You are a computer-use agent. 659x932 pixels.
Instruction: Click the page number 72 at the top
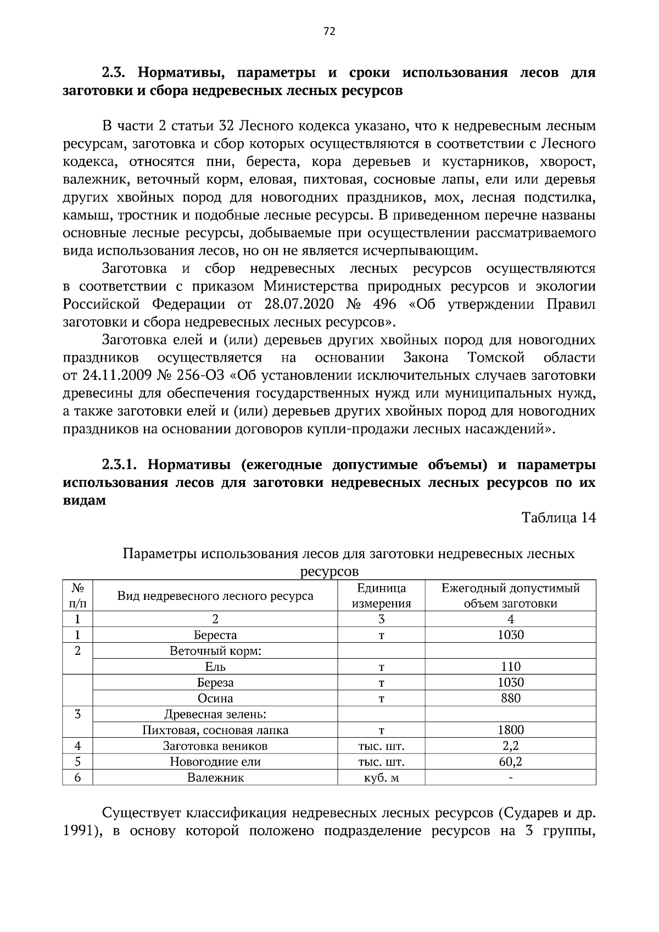(329, 31)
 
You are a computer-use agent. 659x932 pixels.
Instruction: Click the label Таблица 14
(559, 518)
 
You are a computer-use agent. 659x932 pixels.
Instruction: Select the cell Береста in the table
(215, 635)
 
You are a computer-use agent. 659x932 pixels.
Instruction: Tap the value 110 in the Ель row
(511, 667)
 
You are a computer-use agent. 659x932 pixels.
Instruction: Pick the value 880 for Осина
(511, 698)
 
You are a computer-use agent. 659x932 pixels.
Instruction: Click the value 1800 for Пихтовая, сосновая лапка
(511, 730)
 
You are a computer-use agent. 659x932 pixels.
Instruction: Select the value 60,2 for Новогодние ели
(511, 762)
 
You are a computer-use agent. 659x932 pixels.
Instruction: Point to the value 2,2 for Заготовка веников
(511, 746)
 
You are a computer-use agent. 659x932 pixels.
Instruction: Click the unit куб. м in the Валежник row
(381, 778)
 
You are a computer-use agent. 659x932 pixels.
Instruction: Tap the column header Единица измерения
(381, 596)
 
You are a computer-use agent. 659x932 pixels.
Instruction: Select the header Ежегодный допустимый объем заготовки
(511, 596)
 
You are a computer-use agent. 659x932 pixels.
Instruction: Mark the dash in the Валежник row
(511, 778)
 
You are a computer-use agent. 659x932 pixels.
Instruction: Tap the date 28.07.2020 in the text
(297, 304)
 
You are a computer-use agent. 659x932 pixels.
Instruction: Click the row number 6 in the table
(77, 778)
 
